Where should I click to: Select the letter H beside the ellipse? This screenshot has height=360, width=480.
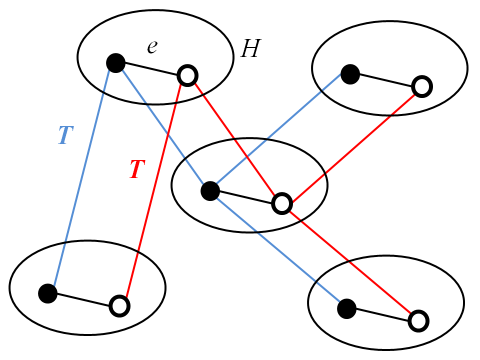[249, 49]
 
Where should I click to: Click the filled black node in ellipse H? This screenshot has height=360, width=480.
[116, 63]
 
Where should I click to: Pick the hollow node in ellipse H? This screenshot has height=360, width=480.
[187, 76]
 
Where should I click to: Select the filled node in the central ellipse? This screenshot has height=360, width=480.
[209, 191]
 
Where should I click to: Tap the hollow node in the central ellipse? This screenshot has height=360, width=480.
[281, 203]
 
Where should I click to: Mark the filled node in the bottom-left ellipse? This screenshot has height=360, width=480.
[48, 293]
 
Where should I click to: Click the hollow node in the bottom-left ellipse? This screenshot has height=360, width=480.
[119, 305]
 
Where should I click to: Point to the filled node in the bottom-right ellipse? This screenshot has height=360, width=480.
[346, 308]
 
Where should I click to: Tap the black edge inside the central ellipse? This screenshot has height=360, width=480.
[245, 197]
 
